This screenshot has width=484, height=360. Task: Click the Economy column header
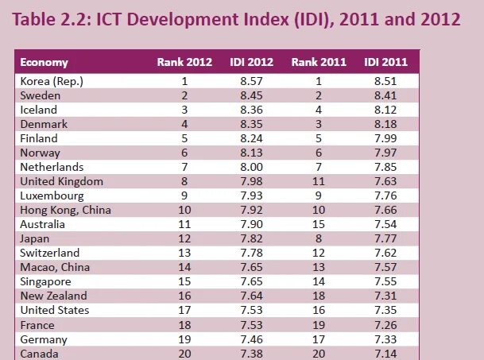tap(44, 63)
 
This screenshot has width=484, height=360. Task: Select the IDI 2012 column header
tap(252, 63)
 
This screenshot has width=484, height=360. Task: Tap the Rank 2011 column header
tap(319, 63)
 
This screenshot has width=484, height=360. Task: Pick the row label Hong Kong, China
tap(65, 210)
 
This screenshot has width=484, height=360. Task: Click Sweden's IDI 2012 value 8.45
tap(252, 95)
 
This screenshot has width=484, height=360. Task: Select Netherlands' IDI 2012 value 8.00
tap(252, 167)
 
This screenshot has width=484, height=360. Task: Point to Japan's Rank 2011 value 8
tap(319, 238)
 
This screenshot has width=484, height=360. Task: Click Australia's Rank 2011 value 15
tap(319, 224)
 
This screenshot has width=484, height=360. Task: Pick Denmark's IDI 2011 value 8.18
tap(386, 124)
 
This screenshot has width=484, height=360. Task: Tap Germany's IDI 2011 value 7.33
tap(386, 339)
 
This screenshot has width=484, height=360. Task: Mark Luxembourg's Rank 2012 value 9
tap(184, 195)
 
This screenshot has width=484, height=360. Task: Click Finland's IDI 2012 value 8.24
tap(252, 138)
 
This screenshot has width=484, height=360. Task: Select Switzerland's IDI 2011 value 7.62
tap(386, 253)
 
